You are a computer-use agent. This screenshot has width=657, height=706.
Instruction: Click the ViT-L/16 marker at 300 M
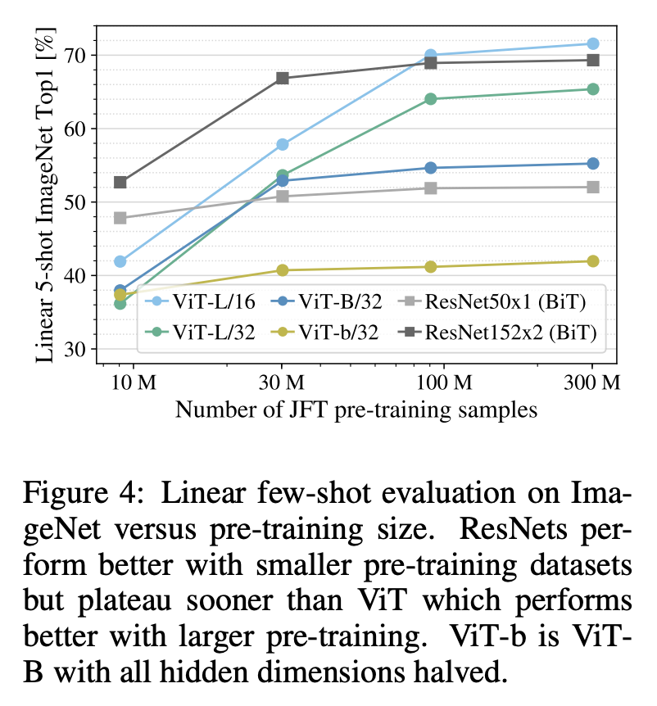(x=593, y=43)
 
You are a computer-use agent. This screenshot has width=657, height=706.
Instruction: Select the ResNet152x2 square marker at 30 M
(x=283, y=79)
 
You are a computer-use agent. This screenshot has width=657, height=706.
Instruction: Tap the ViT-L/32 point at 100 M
(x=431, y=99)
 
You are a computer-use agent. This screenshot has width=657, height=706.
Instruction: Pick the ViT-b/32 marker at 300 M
(x=593, y=261)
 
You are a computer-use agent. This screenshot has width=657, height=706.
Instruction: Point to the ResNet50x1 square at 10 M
(x=120, y=218)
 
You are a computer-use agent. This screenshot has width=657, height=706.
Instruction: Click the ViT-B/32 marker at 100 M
(x=431, y=168)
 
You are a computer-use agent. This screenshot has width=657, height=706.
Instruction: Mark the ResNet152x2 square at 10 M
(x=120, y=183)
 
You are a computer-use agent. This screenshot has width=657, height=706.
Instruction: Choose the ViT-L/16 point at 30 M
(x=283, y=144)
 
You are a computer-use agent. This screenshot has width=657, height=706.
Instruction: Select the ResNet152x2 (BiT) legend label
(x=510, y=333)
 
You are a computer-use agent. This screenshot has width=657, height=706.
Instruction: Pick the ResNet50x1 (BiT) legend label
(x=505, y=301)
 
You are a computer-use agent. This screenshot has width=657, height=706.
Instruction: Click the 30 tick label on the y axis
(x=75, y=350)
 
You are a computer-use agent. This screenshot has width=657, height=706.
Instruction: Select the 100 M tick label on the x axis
(x=443, y=382)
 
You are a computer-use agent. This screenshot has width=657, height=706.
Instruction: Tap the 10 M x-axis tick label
(x=134, y=382)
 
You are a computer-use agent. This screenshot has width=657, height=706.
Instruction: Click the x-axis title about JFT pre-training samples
(x=356, y=410)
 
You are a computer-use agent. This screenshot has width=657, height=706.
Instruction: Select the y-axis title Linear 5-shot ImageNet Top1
(x=46, y=194)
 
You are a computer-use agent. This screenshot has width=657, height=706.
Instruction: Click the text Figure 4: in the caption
(x=84, y=493)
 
